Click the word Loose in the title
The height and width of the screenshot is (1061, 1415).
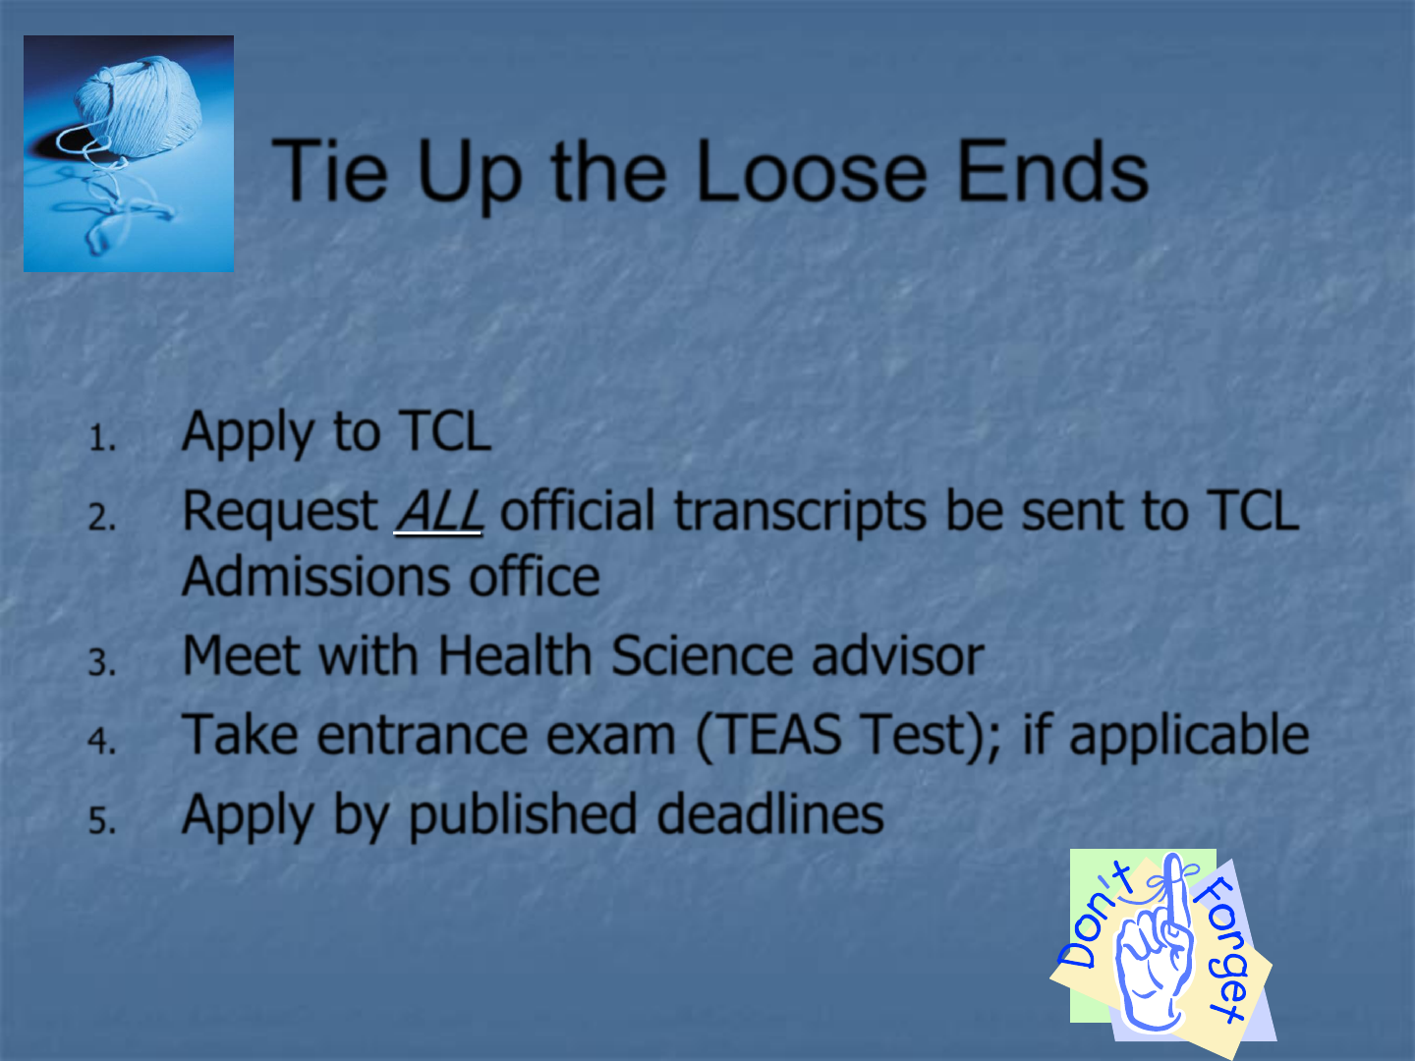tap(811, 171)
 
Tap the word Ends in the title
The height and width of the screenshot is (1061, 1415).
tap(1052, 171)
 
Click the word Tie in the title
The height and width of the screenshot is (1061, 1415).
tap(331, 171)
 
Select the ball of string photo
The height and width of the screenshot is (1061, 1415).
tap(129, 153)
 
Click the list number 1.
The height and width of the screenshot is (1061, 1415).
tap(102, 439)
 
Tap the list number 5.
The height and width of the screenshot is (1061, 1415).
tap(102, 821)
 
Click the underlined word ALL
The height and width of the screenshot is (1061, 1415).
tap(439, 512)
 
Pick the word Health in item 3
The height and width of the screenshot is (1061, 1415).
tap(515, 655)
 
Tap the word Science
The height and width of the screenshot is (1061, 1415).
tap(702, 655)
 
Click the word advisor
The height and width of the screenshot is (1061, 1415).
tap(898, 655)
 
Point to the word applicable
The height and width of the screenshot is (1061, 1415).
tap(1189, 736)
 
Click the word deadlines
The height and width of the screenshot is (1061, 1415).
tap(770, 813)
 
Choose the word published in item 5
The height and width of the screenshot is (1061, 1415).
tap(524, 815)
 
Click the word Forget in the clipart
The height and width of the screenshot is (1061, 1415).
tap(1220, 949)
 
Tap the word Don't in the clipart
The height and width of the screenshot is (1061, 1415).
tap(1096, 916)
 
